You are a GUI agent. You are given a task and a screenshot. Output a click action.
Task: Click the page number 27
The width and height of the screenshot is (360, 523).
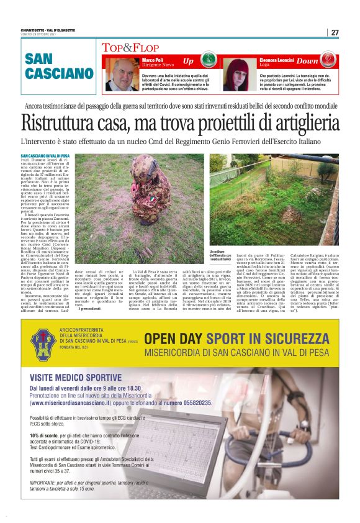335,32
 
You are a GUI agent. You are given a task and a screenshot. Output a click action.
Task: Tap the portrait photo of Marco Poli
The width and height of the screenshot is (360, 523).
122,75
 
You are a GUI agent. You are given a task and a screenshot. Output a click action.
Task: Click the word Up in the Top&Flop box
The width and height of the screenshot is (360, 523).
188,61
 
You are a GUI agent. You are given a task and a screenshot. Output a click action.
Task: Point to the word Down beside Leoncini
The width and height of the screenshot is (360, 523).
307,61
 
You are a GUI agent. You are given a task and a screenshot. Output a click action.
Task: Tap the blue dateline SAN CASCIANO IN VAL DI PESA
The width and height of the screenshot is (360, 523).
45,155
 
